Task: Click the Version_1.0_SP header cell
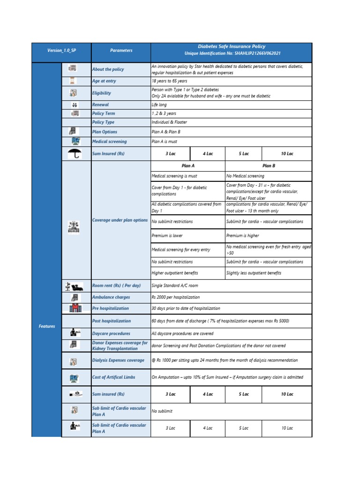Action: point(61,50)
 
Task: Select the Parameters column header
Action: point(121,50)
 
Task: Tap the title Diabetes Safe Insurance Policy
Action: point(231,46)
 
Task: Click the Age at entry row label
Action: point(104,81)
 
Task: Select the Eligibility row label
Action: point(102,93)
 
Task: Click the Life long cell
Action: point(159,105)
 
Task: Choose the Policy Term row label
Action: point(104,113)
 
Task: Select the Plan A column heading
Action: point(188,165)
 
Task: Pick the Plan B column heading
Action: point(269,165)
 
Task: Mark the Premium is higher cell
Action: point(242,236)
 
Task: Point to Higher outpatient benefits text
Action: point(174,273)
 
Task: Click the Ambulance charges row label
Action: point(111,297)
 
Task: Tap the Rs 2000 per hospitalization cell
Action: point(175,297)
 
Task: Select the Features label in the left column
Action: point(47,326)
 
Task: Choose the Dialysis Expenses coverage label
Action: point(118,360)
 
